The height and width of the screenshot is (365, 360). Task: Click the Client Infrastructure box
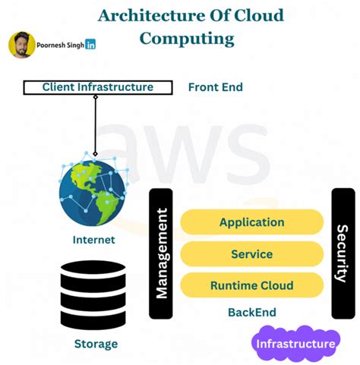[97, 87]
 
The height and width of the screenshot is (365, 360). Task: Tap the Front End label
[215, 87]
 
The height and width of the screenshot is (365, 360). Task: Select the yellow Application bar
[251, 222]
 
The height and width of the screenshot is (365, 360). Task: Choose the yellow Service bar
[251, 254]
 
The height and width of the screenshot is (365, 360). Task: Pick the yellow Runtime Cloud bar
[251, 286]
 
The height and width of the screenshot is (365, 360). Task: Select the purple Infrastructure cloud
[295, 344]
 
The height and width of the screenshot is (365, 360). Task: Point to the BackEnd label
[251, 312]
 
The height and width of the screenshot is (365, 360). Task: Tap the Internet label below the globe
[93, 240]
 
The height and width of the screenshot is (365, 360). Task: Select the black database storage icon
[93, 293]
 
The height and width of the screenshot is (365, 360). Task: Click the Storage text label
[96, 344]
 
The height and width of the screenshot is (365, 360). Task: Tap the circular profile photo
[22, 45]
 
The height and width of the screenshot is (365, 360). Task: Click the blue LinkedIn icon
[91, 45]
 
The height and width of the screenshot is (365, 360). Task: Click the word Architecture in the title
[146, 15]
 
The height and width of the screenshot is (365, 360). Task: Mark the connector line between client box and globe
[96, 121]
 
